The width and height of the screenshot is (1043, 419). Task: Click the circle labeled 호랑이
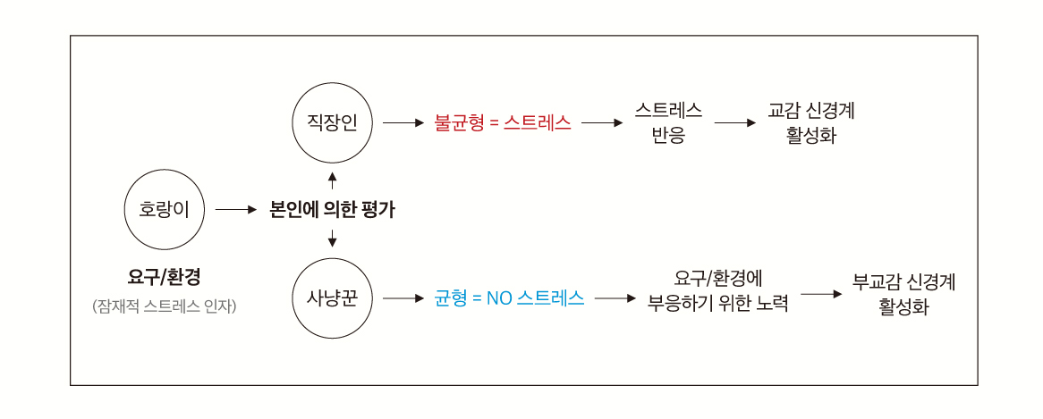(x=165, y=210)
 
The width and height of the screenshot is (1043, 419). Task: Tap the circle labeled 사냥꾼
(x=333, y=297)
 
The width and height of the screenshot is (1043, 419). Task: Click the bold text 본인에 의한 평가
(x=332, y=211)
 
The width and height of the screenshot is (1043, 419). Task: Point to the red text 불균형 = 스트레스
(x=503, y=122)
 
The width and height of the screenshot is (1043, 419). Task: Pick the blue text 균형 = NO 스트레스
(x=509, y=298)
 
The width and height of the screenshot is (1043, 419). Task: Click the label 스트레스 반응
(x=668, y=123)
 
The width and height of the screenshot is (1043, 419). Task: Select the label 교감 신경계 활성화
(x=811, y=123)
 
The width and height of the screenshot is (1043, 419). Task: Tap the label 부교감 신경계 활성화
(x=904, y=294)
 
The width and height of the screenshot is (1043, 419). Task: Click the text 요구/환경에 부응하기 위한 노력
(x=718, y=290)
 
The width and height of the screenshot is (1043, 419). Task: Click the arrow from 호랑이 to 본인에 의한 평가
(x=235, y=211)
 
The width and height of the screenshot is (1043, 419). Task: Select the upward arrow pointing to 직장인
(x=333, y=181)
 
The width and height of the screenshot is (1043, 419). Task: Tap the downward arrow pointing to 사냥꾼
(x=333, y=238)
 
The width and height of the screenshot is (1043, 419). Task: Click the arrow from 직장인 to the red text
(x=402, y=123)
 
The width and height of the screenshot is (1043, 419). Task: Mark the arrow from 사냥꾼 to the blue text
(x=402, y=298)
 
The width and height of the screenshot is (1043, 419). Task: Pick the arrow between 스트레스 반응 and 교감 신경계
(x=735, y=123)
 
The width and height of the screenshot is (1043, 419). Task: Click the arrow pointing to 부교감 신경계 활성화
(x=821, y=293)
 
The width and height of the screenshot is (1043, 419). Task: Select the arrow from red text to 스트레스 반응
(x=601, y=123)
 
